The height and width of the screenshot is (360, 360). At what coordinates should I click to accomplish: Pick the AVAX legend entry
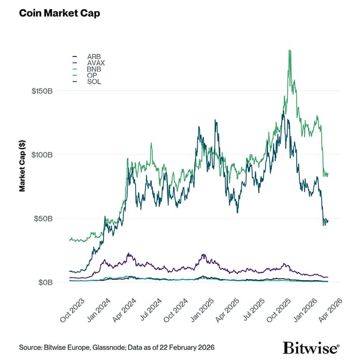click(95, 63)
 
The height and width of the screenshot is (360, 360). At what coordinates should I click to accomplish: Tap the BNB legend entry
click(93, 69)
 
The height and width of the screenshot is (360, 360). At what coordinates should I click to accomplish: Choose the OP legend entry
click(92, 76)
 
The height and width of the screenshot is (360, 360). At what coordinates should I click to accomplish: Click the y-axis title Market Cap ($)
click(23, 166)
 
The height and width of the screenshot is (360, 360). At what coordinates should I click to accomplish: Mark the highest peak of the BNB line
click(290, 50)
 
